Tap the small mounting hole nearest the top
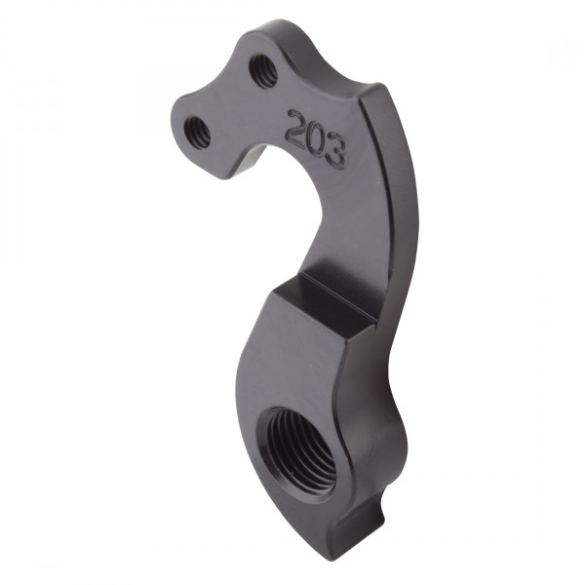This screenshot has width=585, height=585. coord(263,70)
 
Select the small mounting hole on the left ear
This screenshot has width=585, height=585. coord(198,130)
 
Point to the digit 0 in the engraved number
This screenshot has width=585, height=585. coord(316,138)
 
